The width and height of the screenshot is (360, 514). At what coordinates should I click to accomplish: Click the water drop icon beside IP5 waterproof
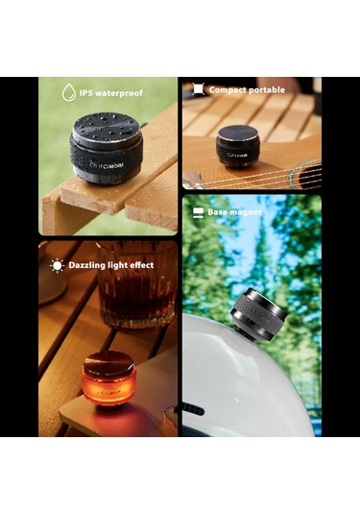[x=68, y=92]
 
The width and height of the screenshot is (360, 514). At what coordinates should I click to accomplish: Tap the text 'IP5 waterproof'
[x=110, y=92]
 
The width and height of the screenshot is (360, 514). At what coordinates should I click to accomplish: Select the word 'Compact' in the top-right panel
[x=228, y=90]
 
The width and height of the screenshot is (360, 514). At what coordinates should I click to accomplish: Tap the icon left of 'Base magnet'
[x=199, y=211]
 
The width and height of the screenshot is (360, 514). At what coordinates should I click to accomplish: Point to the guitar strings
[x=288, y=178]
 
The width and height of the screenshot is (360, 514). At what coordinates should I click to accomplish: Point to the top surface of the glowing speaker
[x=108, y=359]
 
